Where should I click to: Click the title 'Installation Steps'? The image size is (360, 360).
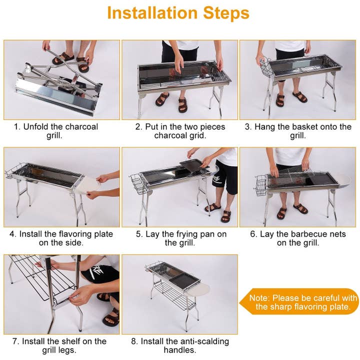pos(178,13)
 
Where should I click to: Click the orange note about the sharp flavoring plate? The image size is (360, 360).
pos(303,302)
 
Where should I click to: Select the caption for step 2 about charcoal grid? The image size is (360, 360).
pos(180,131)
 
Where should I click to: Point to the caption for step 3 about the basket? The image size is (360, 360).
pos(298,131)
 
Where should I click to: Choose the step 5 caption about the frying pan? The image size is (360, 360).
pos(180,238)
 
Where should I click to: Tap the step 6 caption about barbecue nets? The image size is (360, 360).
pos(298,238)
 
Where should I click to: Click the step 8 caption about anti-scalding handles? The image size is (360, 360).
pos(180,345)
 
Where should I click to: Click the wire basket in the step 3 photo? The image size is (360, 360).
pos(266,66)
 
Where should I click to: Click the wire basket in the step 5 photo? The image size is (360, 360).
pos(138,184)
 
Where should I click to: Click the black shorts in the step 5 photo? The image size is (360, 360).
pos(225,176)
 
